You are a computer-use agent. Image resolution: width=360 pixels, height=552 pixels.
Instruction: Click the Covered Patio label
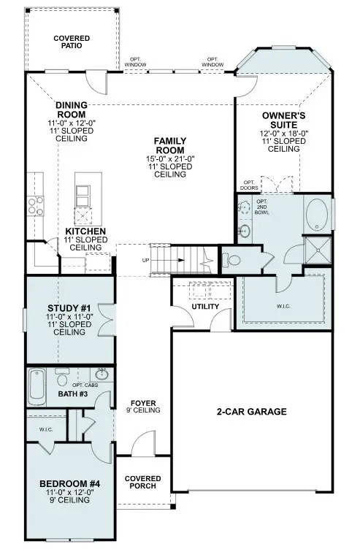[x=72, y=42]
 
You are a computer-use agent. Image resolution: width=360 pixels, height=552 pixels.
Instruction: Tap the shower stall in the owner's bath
[x=317, y=248]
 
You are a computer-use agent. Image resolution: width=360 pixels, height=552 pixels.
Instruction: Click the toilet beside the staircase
[x=234, y=259]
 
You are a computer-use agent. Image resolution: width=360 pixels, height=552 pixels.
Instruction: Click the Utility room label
[x=204, y=306]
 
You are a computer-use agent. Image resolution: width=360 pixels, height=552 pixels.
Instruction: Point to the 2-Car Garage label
[x=252, y=412]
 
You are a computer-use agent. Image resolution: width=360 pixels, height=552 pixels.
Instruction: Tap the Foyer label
[x=143, y=403]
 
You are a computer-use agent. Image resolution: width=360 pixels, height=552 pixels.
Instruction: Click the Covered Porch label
[x=143, y=483]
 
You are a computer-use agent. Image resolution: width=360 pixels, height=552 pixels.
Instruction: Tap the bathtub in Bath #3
[x=37, y=386]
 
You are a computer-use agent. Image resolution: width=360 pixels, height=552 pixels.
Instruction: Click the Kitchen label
[x=86, y=231]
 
